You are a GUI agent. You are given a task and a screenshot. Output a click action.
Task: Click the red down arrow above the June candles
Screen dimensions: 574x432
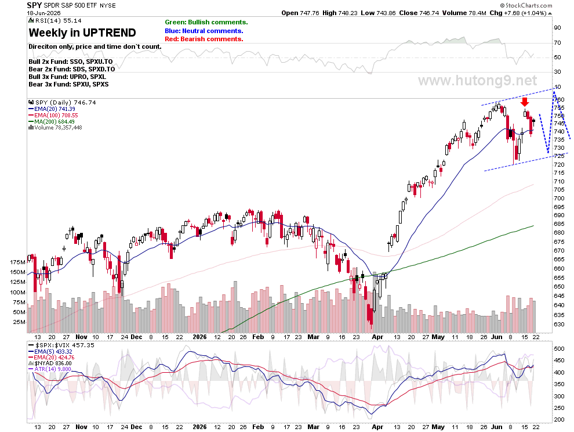(525, 102)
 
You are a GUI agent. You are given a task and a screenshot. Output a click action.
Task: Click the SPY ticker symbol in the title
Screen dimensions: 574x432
(34, 5)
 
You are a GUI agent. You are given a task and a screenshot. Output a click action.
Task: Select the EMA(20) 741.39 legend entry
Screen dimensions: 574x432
(52, 109)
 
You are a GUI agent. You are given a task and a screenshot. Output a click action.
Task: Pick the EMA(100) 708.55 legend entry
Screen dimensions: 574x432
(53, 115)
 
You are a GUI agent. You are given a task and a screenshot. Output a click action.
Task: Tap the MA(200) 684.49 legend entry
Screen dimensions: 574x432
(52, 121)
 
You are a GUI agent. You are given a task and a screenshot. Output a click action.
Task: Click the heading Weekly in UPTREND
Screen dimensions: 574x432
(82, 33)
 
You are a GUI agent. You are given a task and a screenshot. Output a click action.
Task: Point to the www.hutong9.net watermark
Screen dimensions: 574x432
(477, 80)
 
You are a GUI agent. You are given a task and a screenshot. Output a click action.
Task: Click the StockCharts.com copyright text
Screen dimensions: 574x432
(526, 5)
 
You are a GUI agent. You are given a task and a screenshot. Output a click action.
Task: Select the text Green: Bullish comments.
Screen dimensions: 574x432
(206, 23)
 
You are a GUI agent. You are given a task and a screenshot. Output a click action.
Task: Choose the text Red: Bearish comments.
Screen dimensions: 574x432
(204, 39)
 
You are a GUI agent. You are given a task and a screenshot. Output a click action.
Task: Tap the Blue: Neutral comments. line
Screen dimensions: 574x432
(204, 31)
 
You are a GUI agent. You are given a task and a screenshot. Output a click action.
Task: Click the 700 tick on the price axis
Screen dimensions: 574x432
(559, 199)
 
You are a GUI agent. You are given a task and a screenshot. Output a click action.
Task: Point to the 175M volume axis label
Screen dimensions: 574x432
(18, 262)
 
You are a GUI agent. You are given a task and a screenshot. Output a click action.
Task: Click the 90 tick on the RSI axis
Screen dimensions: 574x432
(558, 28)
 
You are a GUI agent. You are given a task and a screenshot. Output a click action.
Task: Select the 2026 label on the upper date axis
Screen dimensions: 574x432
(199, 337)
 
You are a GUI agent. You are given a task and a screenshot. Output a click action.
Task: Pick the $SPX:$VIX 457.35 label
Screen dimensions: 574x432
(61, 345)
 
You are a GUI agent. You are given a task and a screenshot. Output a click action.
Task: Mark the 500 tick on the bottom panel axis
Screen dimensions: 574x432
(559, 349)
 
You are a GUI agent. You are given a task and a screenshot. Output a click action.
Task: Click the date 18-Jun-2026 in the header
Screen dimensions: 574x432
(44, 13)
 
